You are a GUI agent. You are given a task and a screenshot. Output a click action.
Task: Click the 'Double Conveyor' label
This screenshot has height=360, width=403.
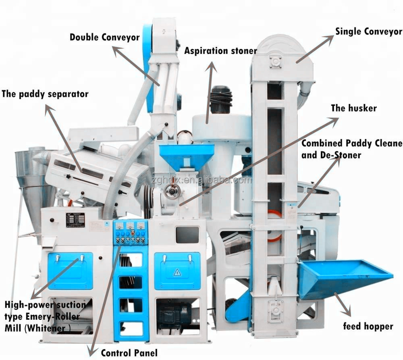click(x=104, y=37)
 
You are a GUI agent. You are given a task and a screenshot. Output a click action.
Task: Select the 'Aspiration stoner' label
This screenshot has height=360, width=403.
click(x=220, y=51)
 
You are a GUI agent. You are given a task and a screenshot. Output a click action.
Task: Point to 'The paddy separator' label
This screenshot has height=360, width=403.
click(x=45, y=94)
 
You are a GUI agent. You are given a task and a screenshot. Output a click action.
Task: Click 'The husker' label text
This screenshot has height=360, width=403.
click(x=353, y=108)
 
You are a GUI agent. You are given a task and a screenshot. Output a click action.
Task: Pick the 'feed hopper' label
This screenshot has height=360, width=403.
click(x=368, y=326)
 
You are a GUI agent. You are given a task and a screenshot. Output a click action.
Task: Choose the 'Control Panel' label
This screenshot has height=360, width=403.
click(x=129, y=353)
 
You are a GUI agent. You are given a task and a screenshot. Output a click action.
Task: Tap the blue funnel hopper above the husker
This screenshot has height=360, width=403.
click(x=187, y=156)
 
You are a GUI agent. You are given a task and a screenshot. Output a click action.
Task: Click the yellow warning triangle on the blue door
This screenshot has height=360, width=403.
click(x=177, y=273)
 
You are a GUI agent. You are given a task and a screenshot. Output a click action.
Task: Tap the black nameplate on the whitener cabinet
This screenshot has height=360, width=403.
click(x=75, y=220)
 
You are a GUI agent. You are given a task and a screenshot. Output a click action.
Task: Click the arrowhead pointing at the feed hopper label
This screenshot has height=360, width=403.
click(x=347, y=313)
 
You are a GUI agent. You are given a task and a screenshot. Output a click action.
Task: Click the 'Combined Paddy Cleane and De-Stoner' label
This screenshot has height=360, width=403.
click(x=351, y=149)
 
